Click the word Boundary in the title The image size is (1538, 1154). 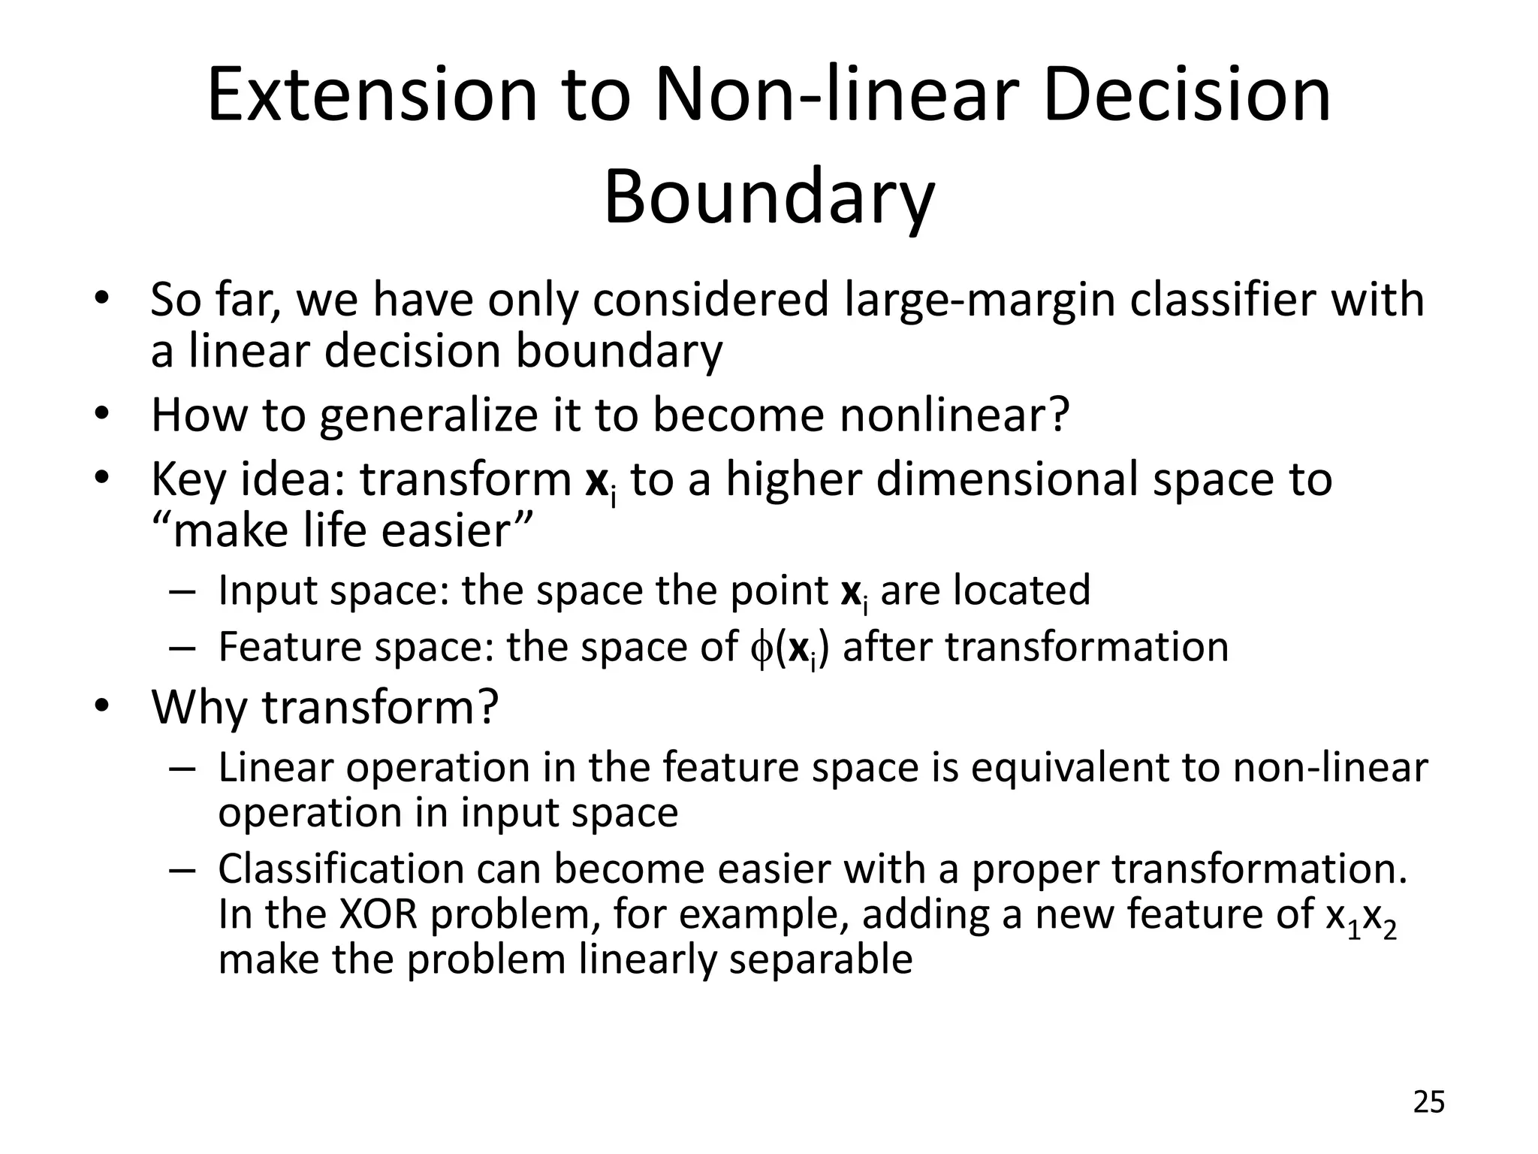(x=769, y=198)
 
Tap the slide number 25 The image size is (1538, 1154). (x=1428, y=1102)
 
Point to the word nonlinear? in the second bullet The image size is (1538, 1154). (x=954, y=415)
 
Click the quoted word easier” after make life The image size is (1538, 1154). (x=457, y=530)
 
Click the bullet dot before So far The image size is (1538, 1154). (x=101, y=298)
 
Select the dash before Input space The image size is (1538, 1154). (x=182, y=591)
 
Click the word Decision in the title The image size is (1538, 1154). (x=1187, y=95)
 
